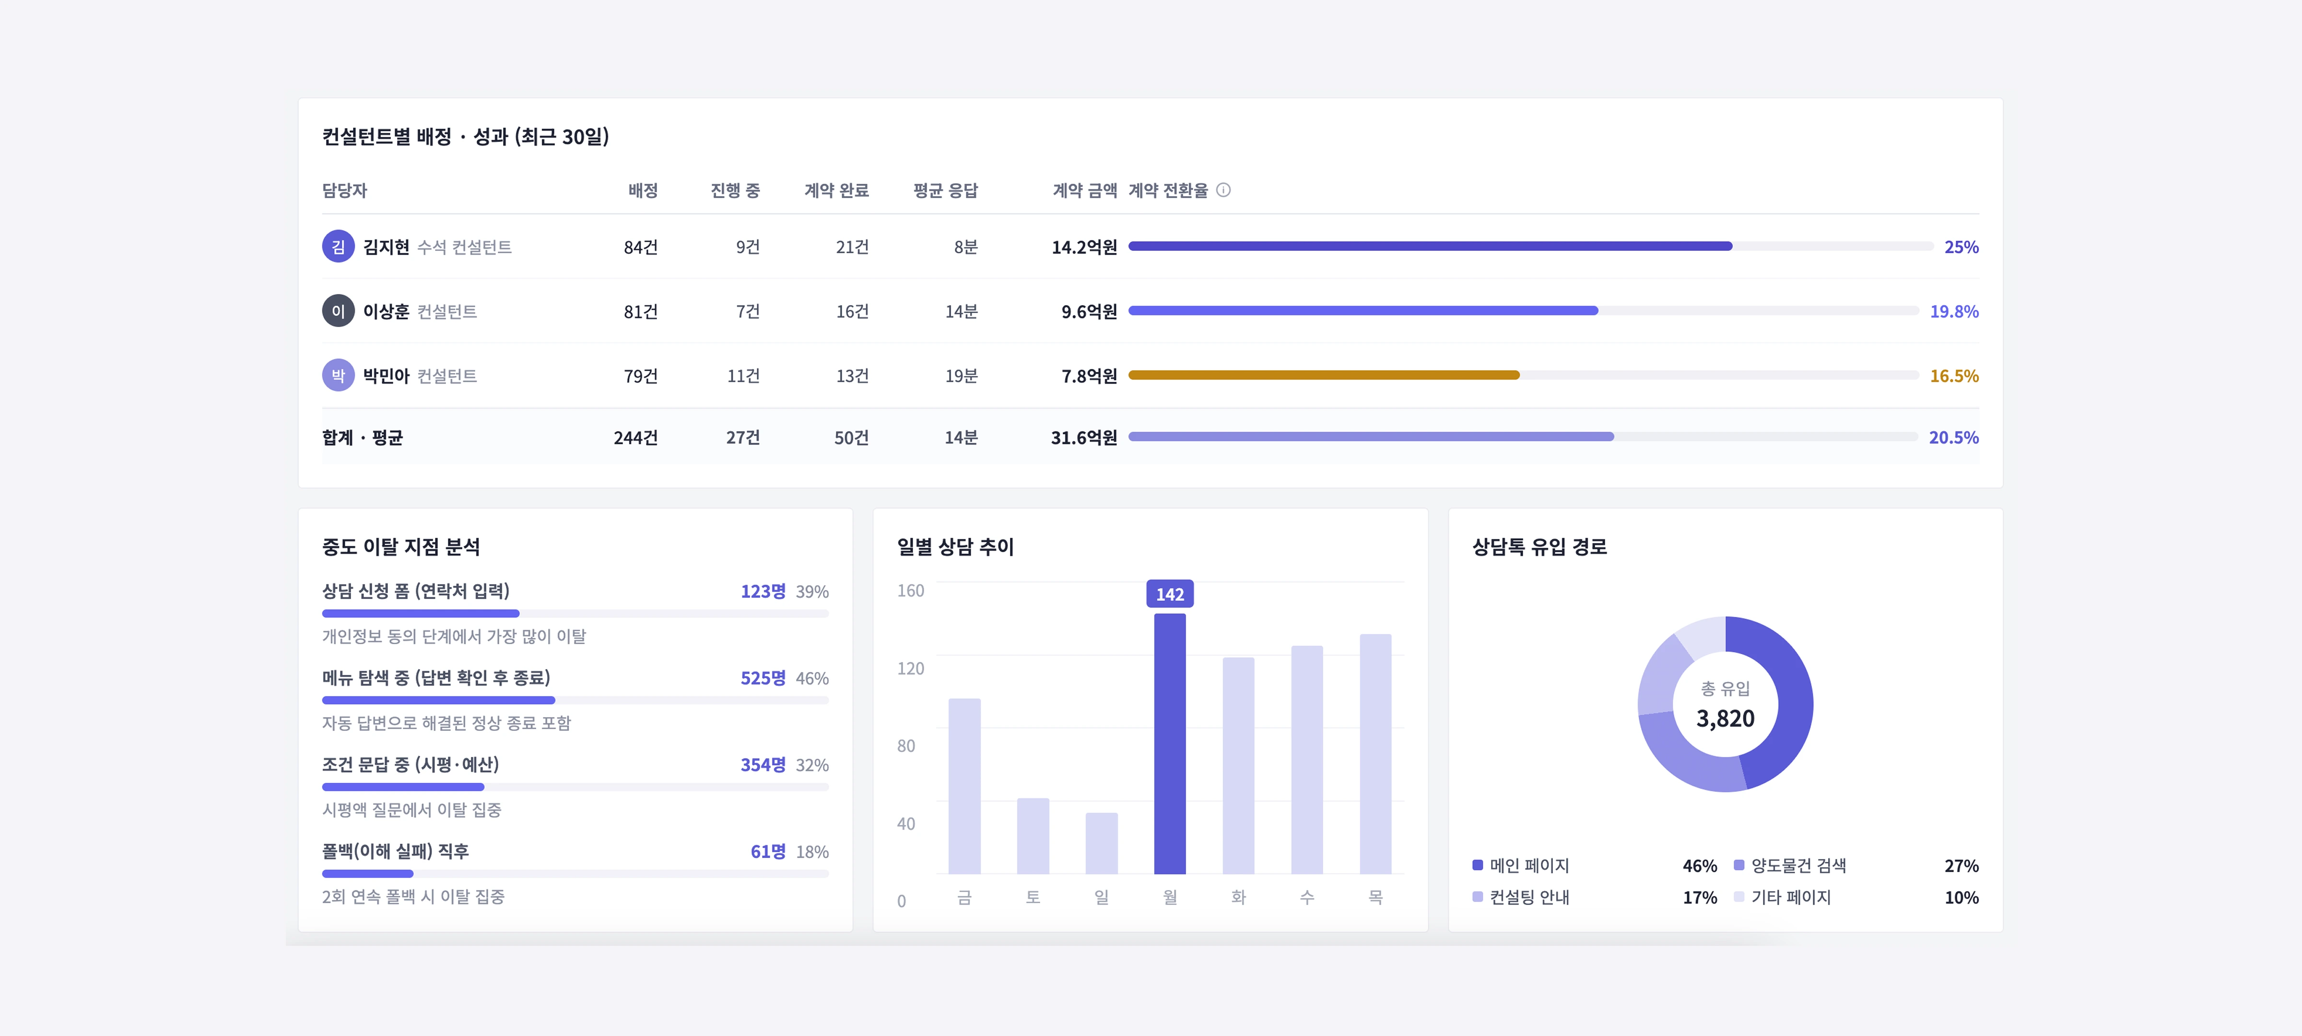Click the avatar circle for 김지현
click(338, 247)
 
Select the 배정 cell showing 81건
click(640, 311)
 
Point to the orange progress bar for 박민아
click(1324, 376)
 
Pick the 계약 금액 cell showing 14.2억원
click(1084, 247)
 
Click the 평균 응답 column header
click(945, 190)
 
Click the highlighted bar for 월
click(1170, 744)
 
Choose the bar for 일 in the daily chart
click(1101, 843)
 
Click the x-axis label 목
click(1375, 896)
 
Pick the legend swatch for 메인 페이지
click(1477, 865)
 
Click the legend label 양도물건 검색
click(1798, 865)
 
